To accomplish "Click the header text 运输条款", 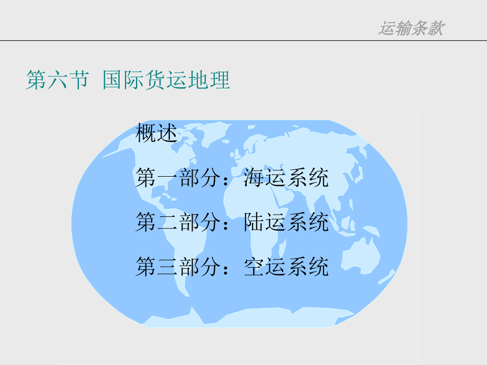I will [x=411, y=28].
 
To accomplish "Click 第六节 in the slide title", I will [x=57, y=80].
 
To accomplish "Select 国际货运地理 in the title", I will [x=166, y=80].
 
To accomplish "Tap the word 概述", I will [x=156, y=133].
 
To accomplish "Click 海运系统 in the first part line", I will [x=286, y=178].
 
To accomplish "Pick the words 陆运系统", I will [x=286, y=223].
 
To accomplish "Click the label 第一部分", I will [x=177, y=178].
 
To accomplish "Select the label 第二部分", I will [x=177, y=223].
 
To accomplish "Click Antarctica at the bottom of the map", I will [x=265, y=320].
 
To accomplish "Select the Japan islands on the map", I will [x=358, y=175].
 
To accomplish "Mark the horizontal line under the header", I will [x=243, y=40].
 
